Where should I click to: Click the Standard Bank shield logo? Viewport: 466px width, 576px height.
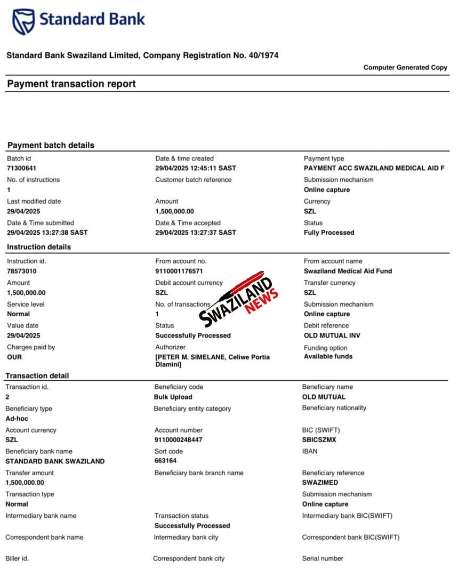point(23,22)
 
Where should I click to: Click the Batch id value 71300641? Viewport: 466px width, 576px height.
point(22,169)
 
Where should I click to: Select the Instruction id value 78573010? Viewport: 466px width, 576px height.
point(22,271)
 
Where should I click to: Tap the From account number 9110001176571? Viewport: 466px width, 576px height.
point(179,271)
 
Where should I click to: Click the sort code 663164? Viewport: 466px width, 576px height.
point(165,461)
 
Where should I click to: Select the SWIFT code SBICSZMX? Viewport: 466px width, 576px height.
point(319,440)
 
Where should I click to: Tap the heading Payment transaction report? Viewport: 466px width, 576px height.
point(71,84)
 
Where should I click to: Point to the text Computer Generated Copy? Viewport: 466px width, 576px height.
point(405,68)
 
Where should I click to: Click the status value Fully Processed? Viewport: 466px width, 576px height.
point(329,233)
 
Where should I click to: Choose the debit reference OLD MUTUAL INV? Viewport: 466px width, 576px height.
point(332,335)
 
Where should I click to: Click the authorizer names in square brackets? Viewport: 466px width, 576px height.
point(212,361)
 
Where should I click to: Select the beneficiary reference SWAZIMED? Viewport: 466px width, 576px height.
point(320,483)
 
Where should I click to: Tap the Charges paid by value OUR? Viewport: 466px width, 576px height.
point(14,357)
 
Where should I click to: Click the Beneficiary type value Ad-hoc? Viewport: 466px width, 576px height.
point(17,419)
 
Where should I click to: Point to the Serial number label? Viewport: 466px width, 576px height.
point(323,558)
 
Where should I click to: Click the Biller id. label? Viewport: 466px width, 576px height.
point(17,558)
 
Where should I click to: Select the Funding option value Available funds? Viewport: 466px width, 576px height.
point(328,356)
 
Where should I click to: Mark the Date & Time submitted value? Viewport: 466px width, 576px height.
point(47,233)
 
